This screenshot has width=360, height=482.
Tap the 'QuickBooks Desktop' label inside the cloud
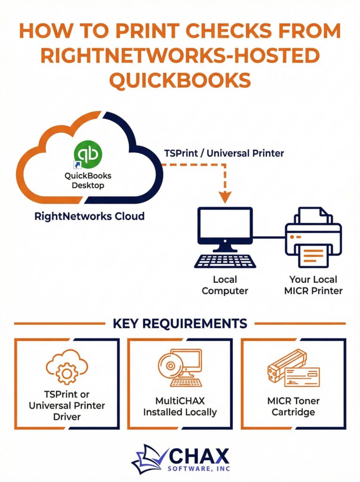point(88,180)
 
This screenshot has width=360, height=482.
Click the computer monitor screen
point(225,225)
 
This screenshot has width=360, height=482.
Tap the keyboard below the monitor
point(225,261)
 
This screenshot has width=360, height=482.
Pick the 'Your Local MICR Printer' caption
point(313,286)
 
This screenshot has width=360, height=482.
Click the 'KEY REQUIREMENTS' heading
point(180,323)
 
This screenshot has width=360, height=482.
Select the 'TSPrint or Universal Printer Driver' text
point(66,405)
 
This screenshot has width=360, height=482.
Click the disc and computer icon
point(180,367)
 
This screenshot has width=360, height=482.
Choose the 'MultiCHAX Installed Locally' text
point(180,407)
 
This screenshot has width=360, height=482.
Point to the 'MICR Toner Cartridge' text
point(293,407)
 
